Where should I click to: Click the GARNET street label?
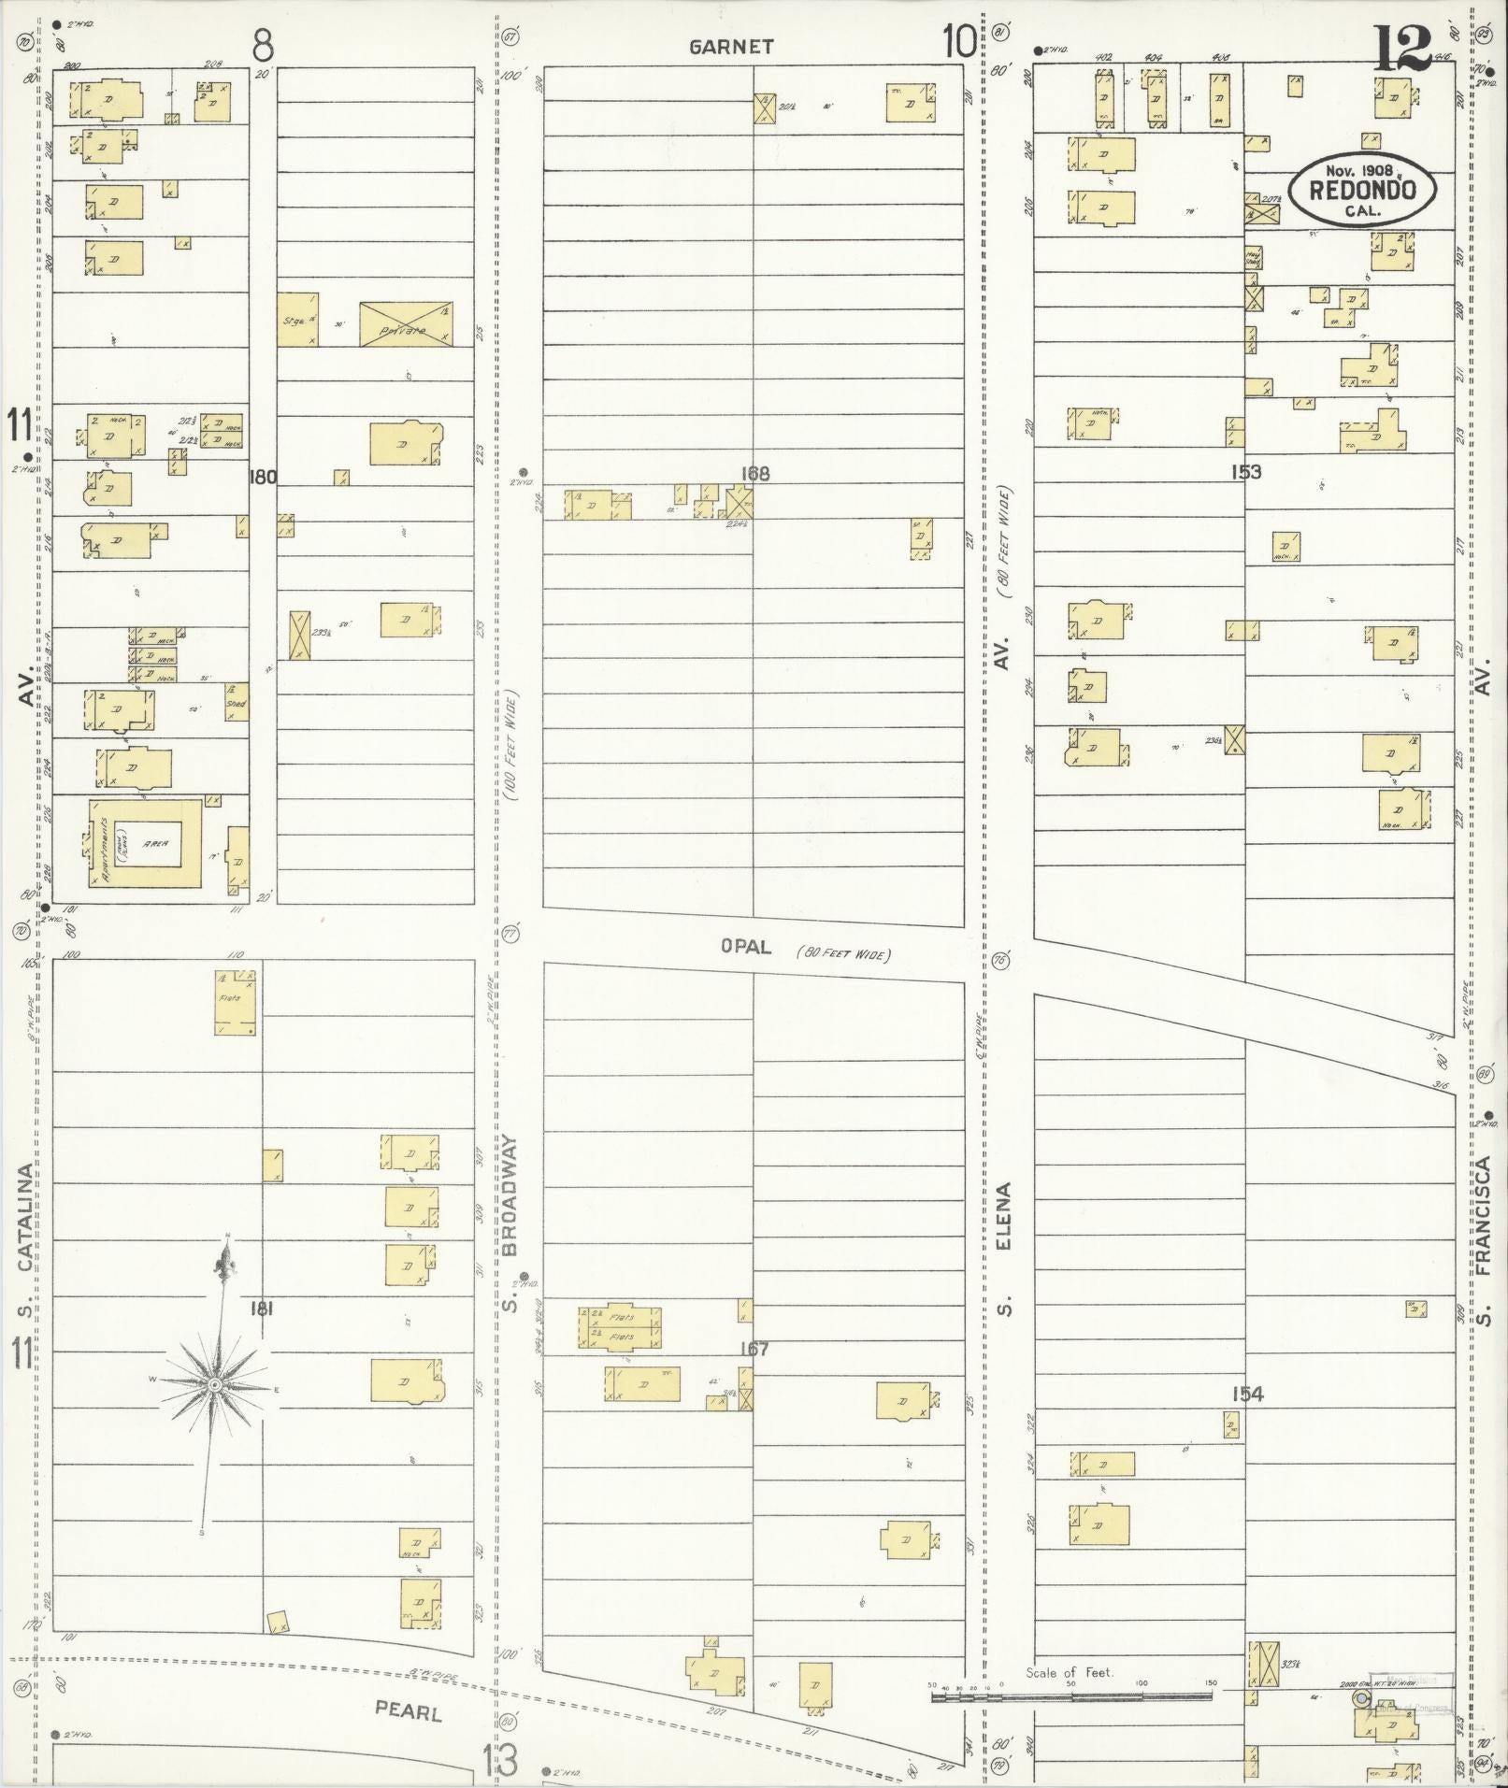coord(731,47)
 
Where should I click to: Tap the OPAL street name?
coord(746,947)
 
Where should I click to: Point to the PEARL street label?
coord(409,1710)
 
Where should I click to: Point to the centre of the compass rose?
coord(214,1383)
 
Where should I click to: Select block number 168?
coord(754,474)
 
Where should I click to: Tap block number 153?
coord(1246,472)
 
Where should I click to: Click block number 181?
coord(262,1309)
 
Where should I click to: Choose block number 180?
coord(262,477)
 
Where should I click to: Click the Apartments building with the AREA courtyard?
coord(146,842)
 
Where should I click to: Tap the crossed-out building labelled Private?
coord(407,323)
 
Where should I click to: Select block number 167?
coord(754,1349)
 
